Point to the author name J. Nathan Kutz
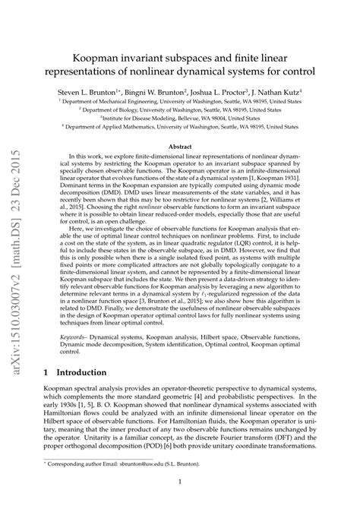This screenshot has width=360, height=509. point(286,89)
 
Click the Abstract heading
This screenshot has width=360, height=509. point(180,125)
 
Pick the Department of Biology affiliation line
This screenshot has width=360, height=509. point(180,109)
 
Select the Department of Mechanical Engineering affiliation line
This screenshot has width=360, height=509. point(180,100)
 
